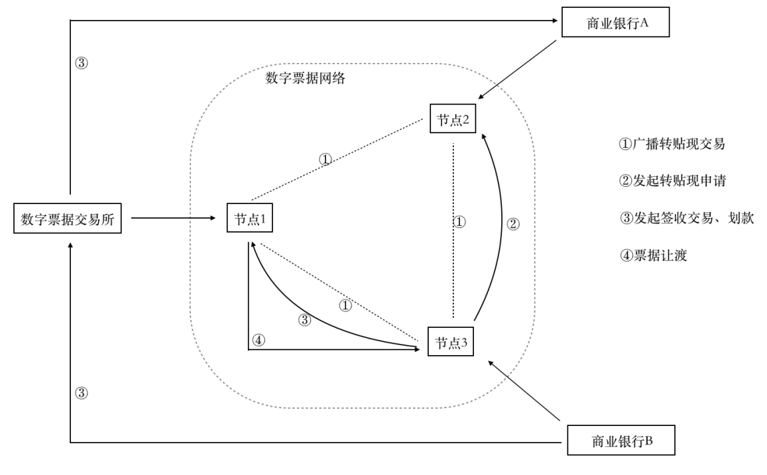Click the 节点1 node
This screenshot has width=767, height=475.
249,219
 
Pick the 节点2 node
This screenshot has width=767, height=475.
453,120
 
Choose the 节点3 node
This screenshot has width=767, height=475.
451,343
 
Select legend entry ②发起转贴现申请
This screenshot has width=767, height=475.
664,180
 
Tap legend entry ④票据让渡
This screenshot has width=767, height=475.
652,255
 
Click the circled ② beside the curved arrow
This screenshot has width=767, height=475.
514,224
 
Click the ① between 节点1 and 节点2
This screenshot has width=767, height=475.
325,159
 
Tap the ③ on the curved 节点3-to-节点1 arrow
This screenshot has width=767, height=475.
304,320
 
